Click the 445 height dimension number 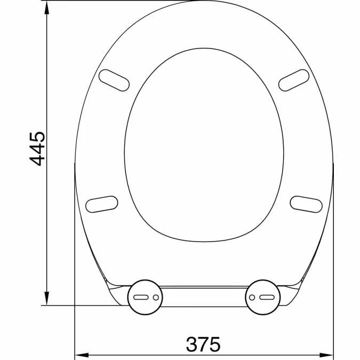point(37,148)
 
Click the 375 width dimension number point(203,344)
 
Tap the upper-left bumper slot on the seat point(114,80)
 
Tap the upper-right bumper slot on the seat point(294,80)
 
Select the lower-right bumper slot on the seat point(306,203)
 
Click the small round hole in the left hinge point(155,297)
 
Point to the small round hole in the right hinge point(253,297)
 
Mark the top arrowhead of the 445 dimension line point(47,5)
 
